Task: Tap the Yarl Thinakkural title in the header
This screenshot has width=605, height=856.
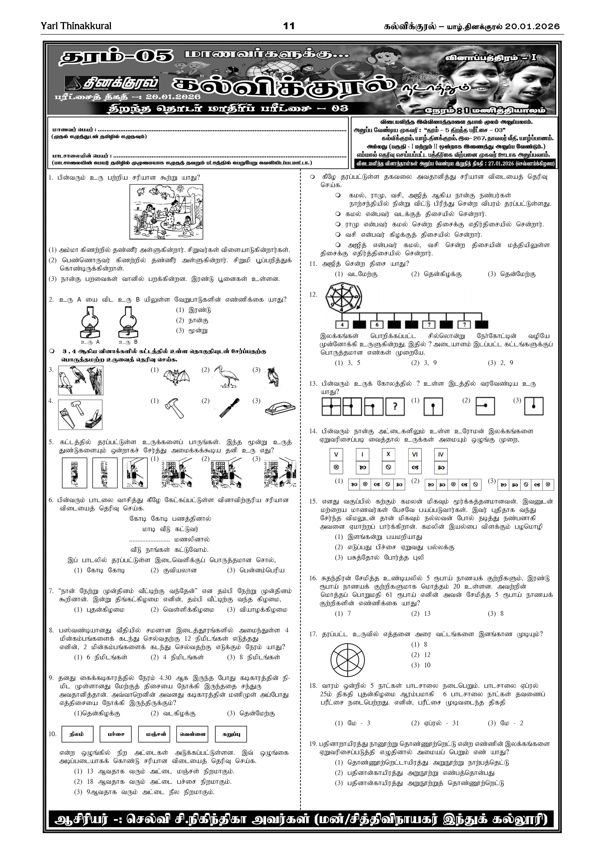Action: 76,26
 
